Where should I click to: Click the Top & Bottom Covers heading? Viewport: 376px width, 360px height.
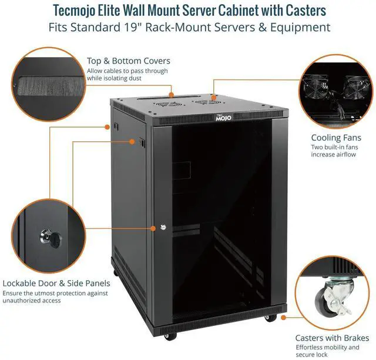pyautogui.click(x=129, y=61)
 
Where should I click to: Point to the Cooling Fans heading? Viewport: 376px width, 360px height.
pyautogui.click(x=334, y=138)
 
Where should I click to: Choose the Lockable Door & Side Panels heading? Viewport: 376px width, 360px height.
pyautogui.click(x=56, y=282)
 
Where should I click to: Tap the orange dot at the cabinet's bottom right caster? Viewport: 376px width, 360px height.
pyautogui.click(x=284, y=317)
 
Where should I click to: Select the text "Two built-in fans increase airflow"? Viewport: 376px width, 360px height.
pyautogui.click(x=334, y=151)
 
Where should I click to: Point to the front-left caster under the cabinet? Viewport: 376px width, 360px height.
pyautogui.click(x=170, y=336)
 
